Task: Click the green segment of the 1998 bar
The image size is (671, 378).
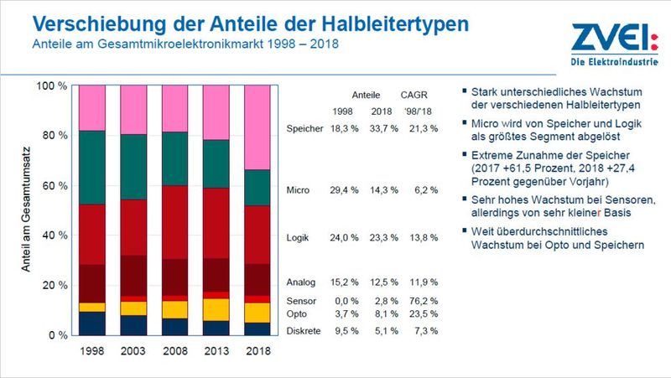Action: click(x=92, y=168)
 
